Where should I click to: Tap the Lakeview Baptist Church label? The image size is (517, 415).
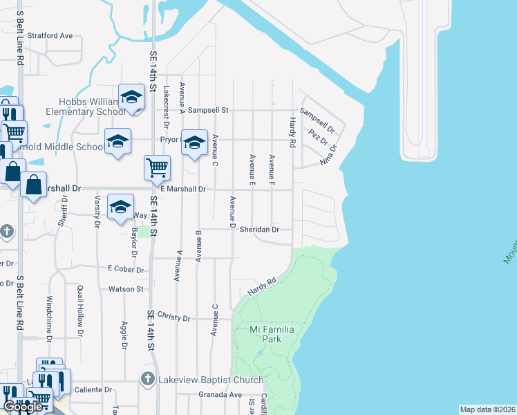[x=210, y=380]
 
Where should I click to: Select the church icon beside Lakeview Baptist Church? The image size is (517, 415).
[x=147, y=379]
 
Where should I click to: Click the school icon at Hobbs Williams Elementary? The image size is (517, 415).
[x=131, y=97]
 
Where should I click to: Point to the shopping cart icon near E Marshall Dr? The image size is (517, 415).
[x=158, y=167]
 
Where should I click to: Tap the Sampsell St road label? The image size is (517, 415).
[x=208, y=110]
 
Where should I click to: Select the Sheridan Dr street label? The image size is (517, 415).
[x=259, y=230]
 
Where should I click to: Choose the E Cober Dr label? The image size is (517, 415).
[x=125, y=269]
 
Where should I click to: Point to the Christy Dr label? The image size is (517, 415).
[x=173, y=317]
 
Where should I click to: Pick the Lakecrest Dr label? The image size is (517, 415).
[x=166, y=107]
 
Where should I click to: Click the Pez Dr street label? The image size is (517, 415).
[x=318, y=136]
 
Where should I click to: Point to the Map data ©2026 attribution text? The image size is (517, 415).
[x=487, y=409]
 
